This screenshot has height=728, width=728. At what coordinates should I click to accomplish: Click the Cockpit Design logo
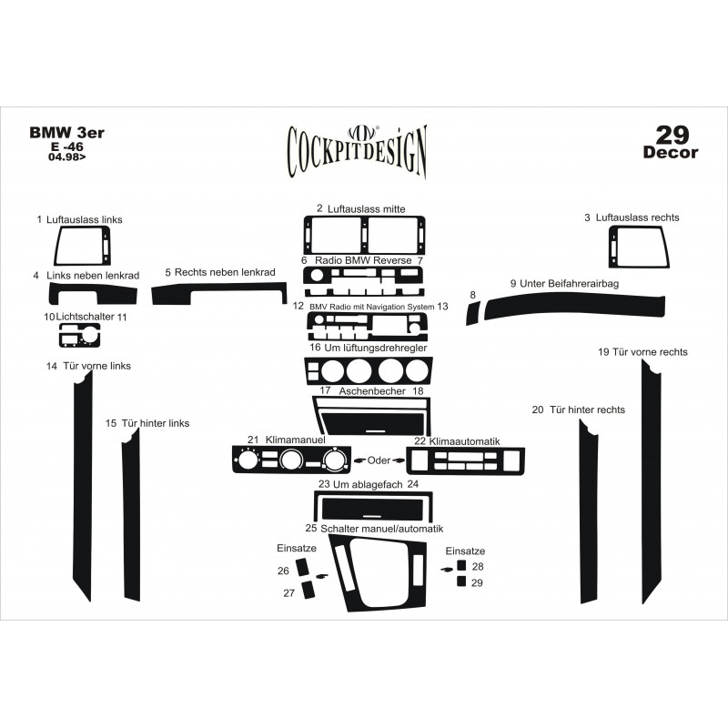(x=357, y=151)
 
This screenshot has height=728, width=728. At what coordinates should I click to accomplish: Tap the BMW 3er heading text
(x=66, y=132)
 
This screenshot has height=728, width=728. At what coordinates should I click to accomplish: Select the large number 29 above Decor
(x=672, y=135)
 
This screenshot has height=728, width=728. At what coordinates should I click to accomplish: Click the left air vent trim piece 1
(x=57, y=246)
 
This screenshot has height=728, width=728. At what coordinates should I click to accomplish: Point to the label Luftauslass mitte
(x=367, y=209)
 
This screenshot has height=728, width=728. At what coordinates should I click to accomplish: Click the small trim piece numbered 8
(x=473, y=313)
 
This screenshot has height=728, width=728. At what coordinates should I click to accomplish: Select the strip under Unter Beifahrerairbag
(x=574, y=307)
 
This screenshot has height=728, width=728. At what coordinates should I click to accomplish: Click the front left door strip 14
(x=83, y=487)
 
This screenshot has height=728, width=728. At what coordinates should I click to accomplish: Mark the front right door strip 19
(x=652, y=483)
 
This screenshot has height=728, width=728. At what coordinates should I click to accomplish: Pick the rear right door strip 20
(x=589, y=511)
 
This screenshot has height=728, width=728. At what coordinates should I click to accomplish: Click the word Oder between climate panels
(x=379, y=460)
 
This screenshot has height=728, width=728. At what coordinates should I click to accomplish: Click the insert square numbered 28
(x=461, y=565)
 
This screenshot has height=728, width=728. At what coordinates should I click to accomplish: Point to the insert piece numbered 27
(x=308, y=590)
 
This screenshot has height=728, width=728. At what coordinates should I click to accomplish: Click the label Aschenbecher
(x=372, y=391)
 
